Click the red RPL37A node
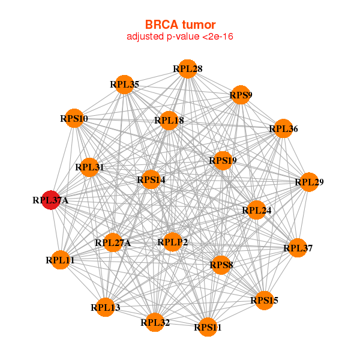(x=50, y=200)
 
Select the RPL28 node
(x=188, y=69)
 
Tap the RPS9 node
(x=241, y=95)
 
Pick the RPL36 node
(x=283, y=128)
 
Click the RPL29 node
(x=308, y=182)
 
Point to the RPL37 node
(x=298, y=248)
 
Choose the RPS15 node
(x=265, y=300)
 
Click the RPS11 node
(x=208, y=327)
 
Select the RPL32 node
(x=155, y=322)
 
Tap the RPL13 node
(x=105, y=307)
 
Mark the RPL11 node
(x=60, y=260)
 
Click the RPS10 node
(x=73, y=119)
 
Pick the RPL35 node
(x=124, y=85)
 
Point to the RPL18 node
(x=169, y=121)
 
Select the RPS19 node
(x=223, y=160)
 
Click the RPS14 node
(x=151, y=179)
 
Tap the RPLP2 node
(x=173, y=242)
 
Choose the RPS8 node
(x=221, y=265)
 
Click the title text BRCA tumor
(x=180, y=25)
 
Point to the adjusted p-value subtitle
(x=180, y=37)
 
